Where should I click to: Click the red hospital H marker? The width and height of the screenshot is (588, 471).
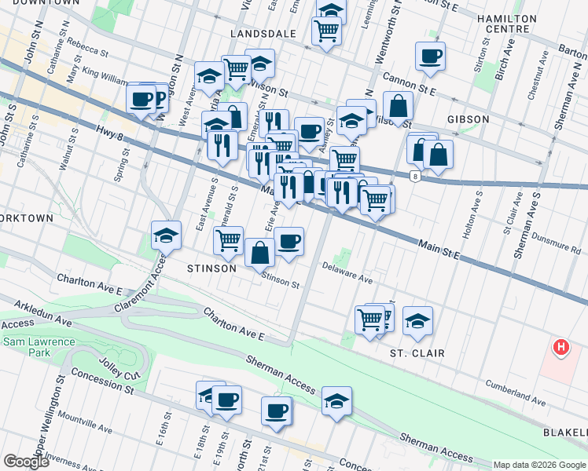560,346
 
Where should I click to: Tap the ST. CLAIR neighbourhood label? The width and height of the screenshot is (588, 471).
417,353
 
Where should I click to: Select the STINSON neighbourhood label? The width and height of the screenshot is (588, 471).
211,268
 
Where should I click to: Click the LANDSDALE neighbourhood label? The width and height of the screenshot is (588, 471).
263,34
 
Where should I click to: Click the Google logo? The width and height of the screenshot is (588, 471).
25,462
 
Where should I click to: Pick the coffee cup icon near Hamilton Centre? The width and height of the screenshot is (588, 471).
430,57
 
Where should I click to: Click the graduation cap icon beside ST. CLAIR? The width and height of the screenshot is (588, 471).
417,319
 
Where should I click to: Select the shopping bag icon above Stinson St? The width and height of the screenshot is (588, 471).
259,253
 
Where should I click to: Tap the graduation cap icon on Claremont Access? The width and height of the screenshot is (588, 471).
166,235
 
